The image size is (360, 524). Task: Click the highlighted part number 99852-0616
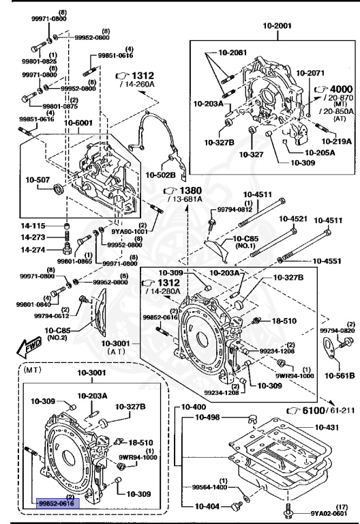click(x=58, y=503)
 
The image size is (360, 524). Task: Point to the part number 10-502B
click(x=161, y=175)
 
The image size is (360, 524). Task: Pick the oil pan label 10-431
click(x=329, y=426)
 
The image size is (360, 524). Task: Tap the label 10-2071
click(x=311, y=71)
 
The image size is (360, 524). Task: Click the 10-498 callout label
click(x=210, y=417)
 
